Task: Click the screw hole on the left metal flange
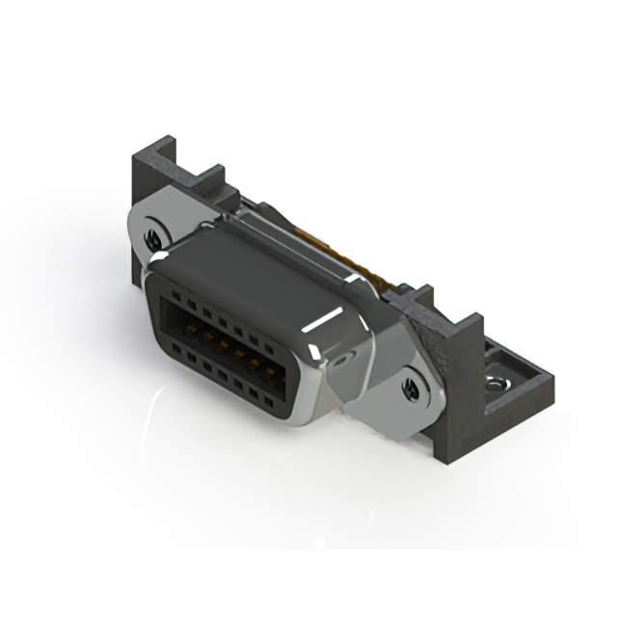click(x=153, y=235)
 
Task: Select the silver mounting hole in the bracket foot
click(x=497, y=384)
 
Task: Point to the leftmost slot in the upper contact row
click(x=175, y=300)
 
